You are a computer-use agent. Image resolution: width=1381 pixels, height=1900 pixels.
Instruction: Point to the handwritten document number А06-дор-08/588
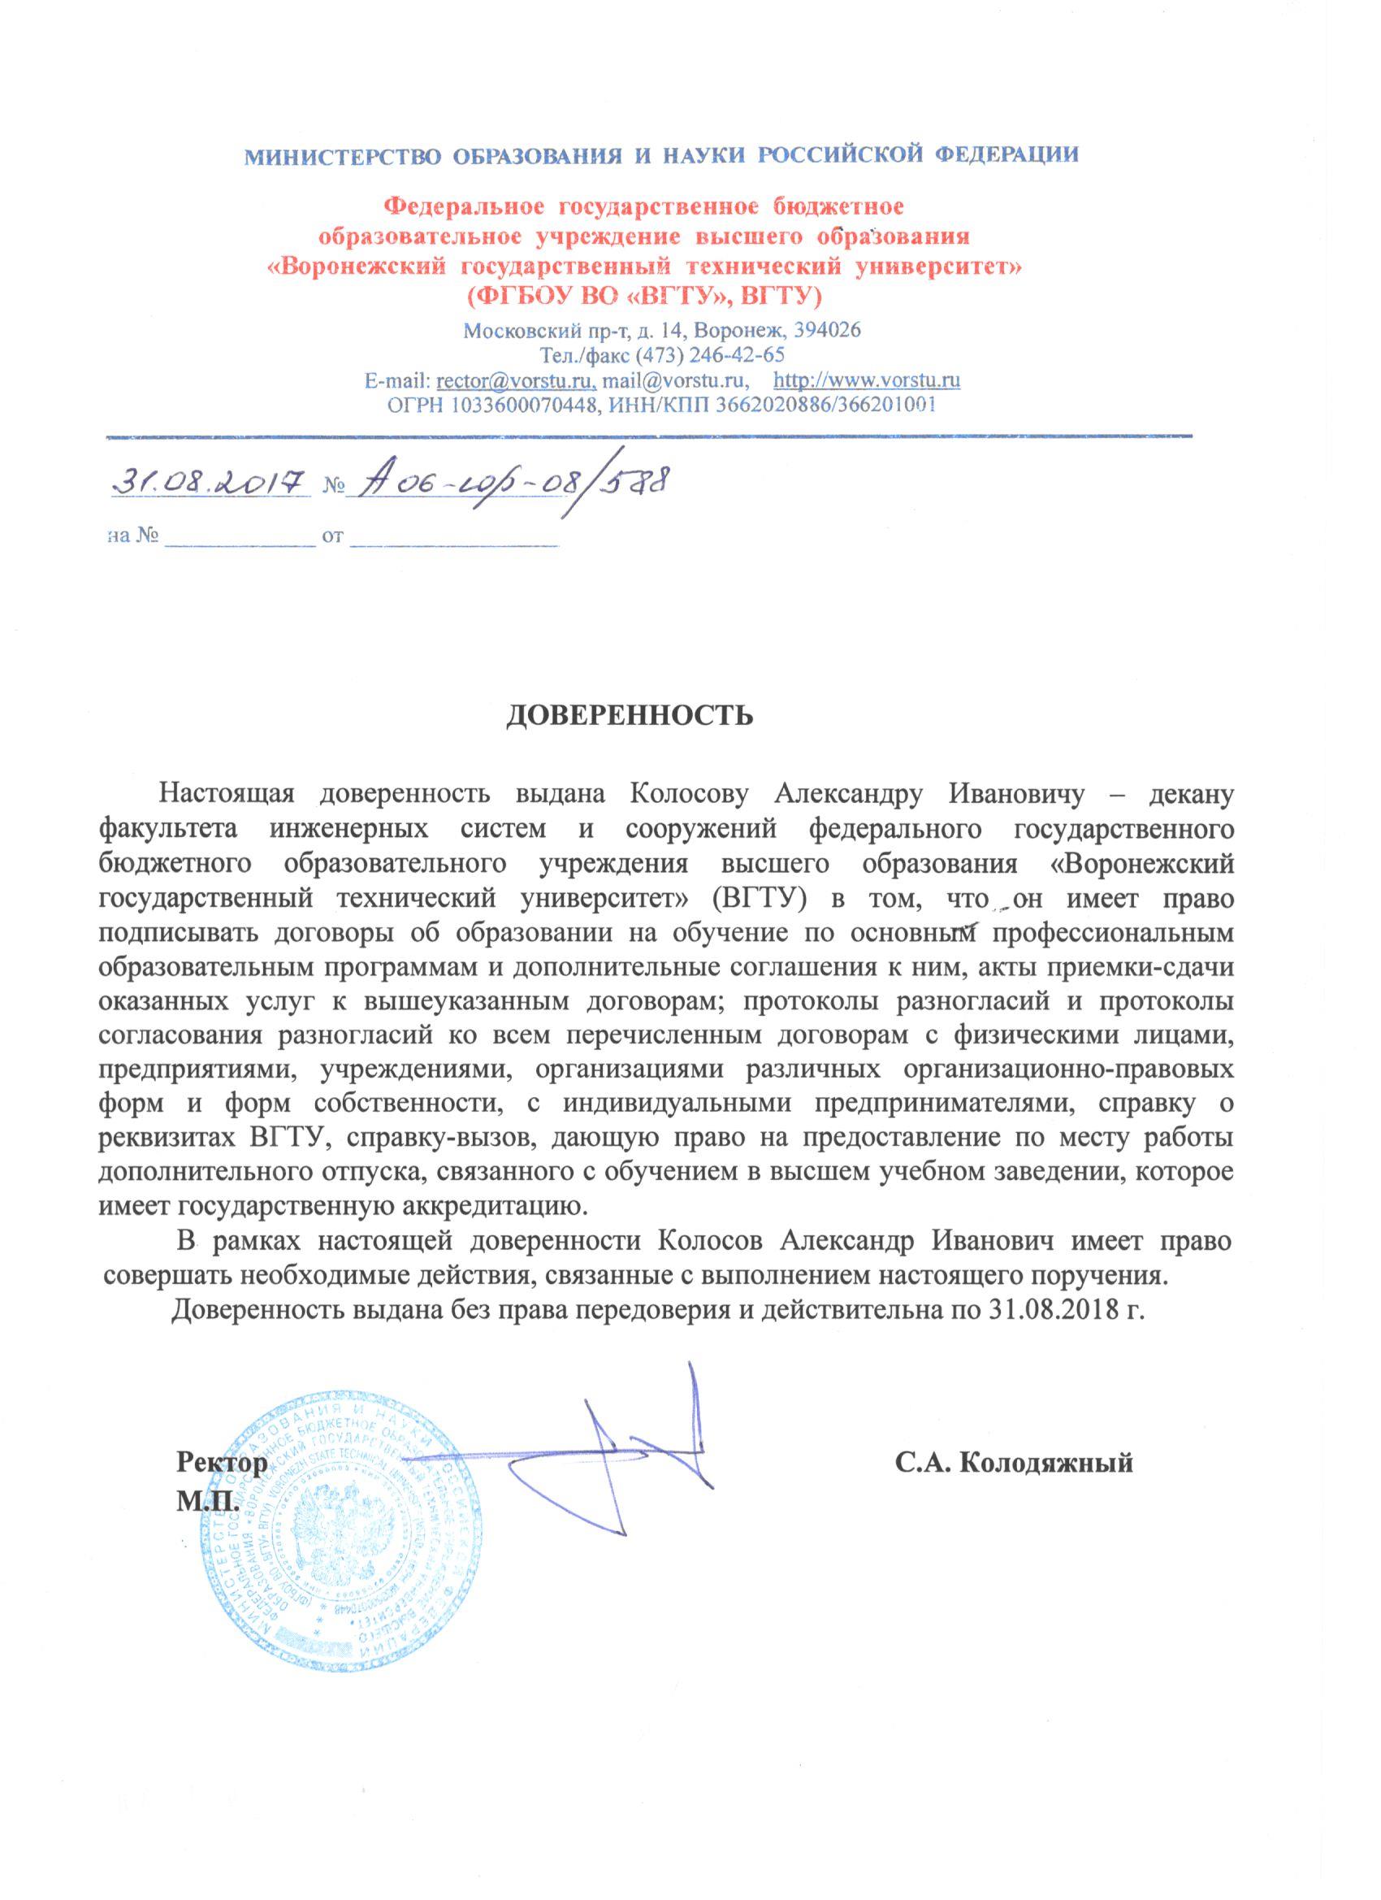click(x=509, y=484)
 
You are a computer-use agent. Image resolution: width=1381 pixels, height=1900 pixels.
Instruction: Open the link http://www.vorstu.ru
click(x=867, y=381)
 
